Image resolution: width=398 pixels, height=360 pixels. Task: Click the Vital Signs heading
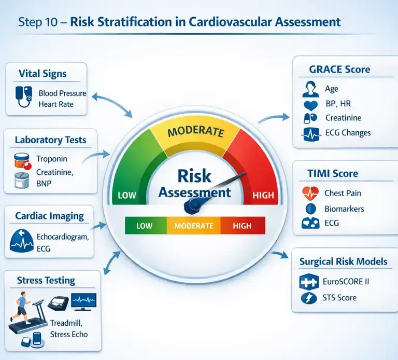42,74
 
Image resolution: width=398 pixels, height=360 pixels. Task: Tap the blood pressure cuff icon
24,96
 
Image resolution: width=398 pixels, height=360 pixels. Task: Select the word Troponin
52,159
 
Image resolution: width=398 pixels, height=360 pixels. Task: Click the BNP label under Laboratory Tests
44,183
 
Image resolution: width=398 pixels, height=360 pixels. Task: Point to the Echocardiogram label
63,237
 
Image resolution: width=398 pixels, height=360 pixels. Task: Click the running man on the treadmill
21,307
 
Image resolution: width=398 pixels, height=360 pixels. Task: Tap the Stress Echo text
69,334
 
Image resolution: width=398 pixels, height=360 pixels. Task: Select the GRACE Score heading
339,70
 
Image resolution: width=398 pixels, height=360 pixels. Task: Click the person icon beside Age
310,89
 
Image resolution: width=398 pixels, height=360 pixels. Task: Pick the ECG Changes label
348,133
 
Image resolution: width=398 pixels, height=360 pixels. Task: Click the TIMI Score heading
333,174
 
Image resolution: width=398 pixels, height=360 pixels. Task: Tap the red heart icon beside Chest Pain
310,193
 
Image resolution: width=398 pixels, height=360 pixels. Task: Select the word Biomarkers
344,209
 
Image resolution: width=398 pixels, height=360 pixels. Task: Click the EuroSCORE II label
346,282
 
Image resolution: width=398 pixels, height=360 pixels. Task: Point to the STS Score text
339,298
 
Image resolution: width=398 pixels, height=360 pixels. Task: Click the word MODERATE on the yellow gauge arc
196,131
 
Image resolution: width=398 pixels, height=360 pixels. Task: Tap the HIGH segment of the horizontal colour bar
243,226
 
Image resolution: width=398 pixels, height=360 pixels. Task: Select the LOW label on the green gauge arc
127,195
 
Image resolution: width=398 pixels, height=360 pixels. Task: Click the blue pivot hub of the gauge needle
194,205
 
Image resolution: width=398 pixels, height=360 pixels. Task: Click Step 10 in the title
38,22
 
